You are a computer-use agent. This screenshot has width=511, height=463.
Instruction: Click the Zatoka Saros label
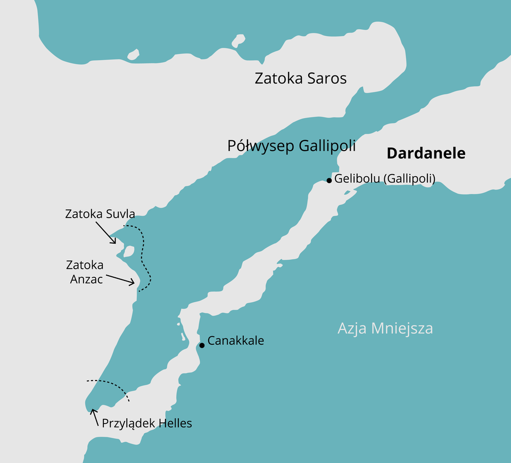pos(301,79)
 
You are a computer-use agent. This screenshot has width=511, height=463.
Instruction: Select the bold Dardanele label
pos(426,154)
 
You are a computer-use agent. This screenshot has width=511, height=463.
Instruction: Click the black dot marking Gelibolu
pos(329,181)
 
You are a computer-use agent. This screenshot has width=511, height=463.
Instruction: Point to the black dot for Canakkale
pos(202,345)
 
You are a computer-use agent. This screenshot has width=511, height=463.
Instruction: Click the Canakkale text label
pos(236,341)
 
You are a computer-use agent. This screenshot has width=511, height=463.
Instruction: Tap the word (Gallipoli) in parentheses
pos(409,179)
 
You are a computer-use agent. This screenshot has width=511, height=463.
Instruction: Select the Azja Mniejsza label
pos(385,328)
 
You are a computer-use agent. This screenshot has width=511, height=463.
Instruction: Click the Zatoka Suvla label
pos(100,214)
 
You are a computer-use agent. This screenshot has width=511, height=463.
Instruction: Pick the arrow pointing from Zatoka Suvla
pos(106,233)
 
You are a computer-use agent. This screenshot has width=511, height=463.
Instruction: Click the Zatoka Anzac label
pos(85,272)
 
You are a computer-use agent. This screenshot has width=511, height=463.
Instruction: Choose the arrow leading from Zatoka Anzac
pos(120,280)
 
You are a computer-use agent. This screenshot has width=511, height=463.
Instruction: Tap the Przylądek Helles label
pos(147,424)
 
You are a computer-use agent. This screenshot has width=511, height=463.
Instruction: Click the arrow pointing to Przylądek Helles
pos(94,417)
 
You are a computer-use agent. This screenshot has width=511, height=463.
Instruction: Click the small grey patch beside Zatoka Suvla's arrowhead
pos(128,251)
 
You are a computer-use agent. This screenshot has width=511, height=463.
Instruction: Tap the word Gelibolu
pos(357,179)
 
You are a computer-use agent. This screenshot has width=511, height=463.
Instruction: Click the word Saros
pos(327,79)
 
